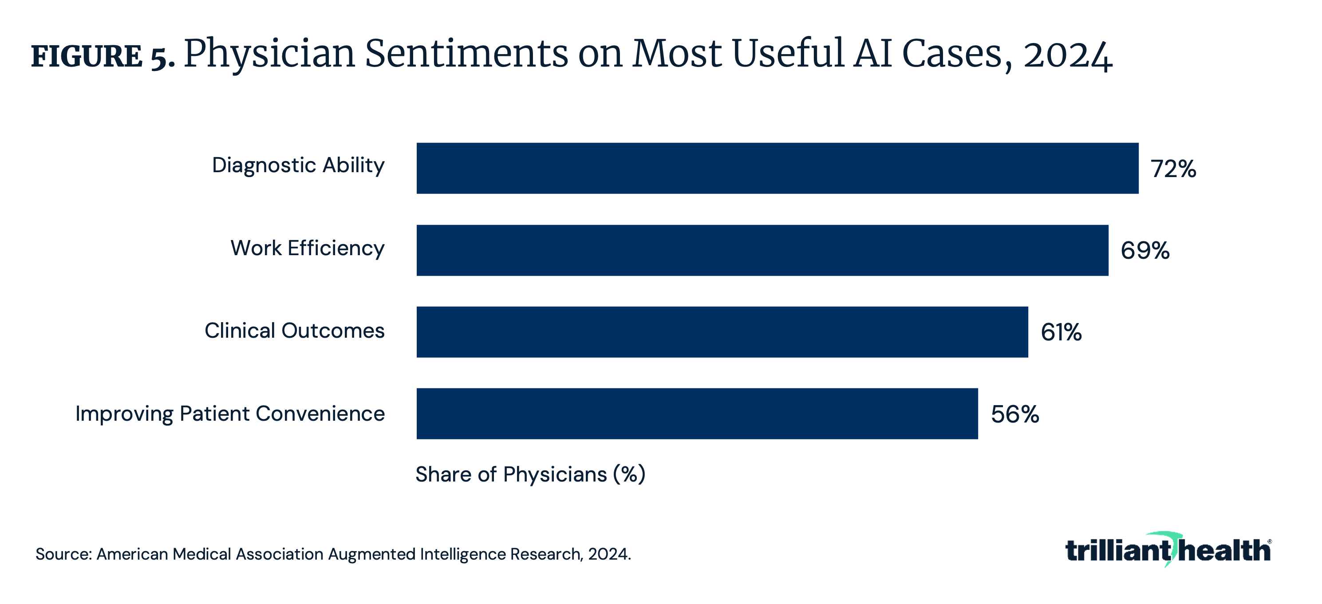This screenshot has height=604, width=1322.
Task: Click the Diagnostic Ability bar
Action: click(x=777, y=168)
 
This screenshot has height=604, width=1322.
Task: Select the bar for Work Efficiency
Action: click(x=762, y=250)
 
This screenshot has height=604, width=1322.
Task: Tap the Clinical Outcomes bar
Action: click(x=722, y=332)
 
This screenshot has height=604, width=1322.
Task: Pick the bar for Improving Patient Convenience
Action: click(x=697, y=414)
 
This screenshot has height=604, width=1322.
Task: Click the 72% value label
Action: click(x=1173, y=169)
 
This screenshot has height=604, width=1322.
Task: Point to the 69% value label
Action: click(x=1145, y=250)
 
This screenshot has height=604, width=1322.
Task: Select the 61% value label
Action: click(x=1061, y=332)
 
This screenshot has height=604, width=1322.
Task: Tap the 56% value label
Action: click(x=1014, y=414)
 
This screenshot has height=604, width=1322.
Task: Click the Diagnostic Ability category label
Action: click(x=298, y=166)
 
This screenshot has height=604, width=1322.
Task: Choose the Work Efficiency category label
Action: click(x=308, y=249)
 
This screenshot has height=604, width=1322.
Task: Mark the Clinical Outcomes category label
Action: click(x=295, y=331)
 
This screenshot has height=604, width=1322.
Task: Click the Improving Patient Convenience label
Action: click(x=230, y=414)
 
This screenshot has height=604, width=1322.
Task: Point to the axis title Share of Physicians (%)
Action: click(x=530, y=474)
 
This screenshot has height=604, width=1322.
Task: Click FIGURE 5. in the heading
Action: click(x=103, y=56)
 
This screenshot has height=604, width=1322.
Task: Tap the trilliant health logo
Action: click(x=1168, y=550)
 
